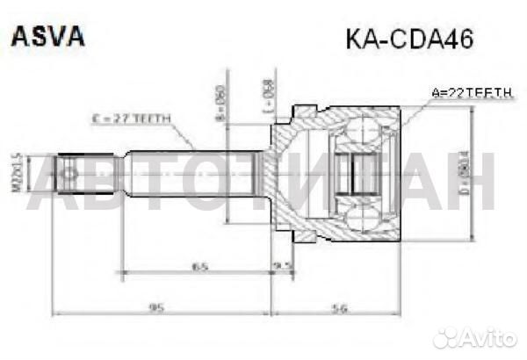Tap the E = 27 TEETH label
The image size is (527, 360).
coord(131,119)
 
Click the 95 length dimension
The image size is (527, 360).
coord(157,306)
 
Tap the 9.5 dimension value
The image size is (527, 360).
coord(283,265)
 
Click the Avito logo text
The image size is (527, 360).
coord(484,337)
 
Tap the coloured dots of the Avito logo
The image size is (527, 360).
coord(447,337)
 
